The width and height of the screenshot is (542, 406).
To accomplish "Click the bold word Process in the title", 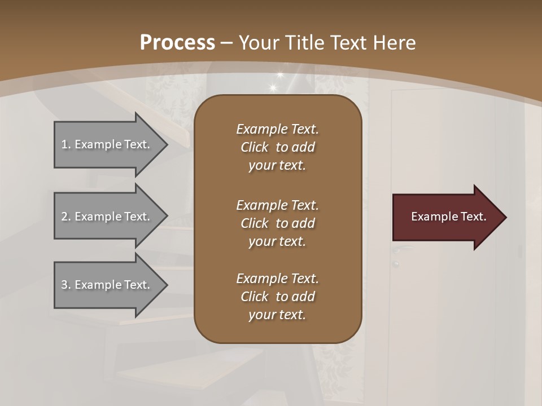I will pyautogui.click(x=177, y=42).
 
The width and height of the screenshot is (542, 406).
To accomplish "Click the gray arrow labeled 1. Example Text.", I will pyautogui.click(x=107, y=144).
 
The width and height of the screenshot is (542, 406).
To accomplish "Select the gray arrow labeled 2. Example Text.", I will pyautogui.click(x=107, y=217).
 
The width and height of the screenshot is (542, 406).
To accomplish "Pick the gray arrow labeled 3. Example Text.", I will pyautogui.click(x=107, y=285).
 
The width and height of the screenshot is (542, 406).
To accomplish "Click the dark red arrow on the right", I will pyautogui.click(x=446, y=217).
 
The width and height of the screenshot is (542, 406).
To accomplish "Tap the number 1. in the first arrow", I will pyautogui.click(x=66, y=144).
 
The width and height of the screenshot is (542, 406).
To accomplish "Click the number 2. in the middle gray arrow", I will pyautogui.click(x=66, y=217).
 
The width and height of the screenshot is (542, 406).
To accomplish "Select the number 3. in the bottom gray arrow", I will pyautogui.click(x=66, y=285).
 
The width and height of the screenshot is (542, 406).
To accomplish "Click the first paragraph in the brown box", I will pyautogui.click(x=277, y=147).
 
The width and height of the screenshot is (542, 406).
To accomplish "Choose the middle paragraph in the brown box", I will pyautogui.click(x=277, y=223).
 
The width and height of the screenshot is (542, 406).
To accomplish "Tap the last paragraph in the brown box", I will pyautogui.click(x=277, y=297).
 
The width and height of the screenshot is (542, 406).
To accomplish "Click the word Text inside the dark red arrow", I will pyautogui.click(x=473, y=217).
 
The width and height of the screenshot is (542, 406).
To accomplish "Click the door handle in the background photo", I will pyautogui.click(x=402, y=248).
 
